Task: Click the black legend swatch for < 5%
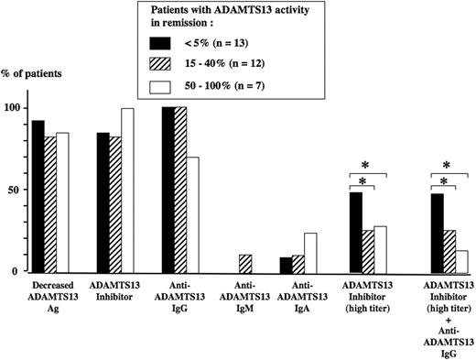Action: pos(161,42)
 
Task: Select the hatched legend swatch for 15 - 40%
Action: pos(161,65)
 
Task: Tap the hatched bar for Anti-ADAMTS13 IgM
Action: pos(244,264)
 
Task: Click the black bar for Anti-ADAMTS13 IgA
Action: pos(286,265)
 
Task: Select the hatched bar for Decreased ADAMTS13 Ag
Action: pos(49,204)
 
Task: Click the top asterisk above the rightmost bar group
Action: pos(446,165)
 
